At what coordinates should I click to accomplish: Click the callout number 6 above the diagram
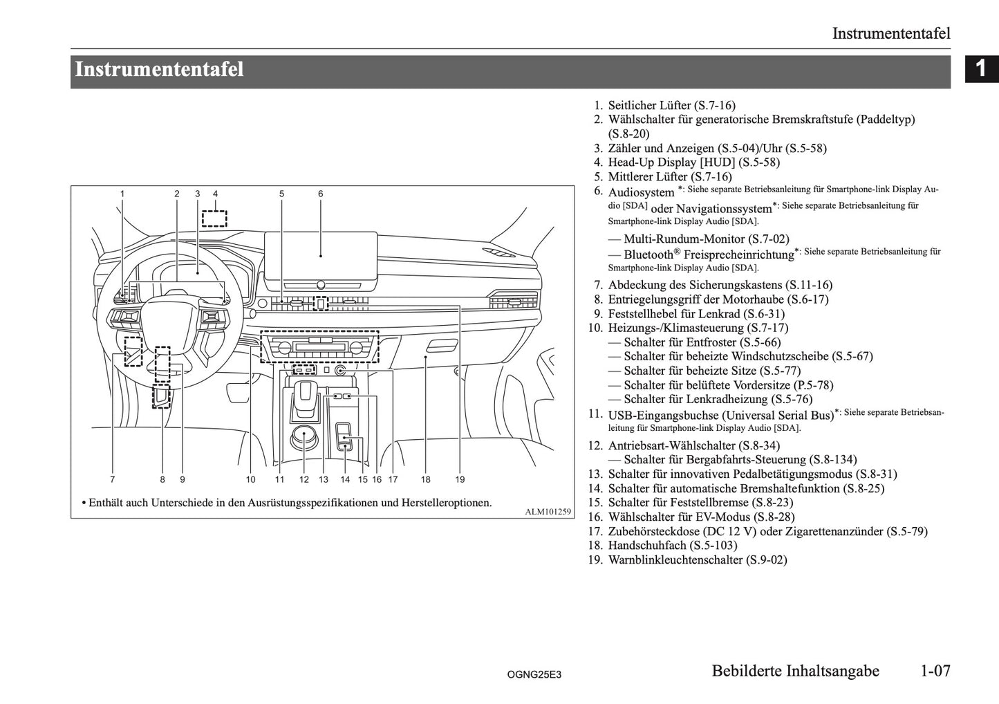click(321, 194)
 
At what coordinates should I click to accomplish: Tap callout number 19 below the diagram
click(460, 479)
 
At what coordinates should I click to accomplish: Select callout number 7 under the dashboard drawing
click(112, 479)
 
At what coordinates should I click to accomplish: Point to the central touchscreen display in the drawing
click(321, 254)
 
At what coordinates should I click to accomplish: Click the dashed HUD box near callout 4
click(214, 219)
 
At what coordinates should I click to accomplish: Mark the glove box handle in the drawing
click(441, 346)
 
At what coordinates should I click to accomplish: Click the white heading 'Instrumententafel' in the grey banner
click(159, 71)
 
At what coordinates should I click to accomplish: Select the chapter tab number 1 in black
click(980, 69)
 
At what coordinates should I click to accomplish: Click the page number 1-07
click(935, 671)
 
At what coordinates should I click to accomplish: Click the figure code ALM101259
click(548, 512)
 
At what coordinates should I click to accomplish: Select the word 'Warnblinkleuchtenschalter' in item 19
click(675, 560)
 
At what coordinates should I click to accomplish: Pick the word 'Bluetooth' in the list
click(648, 254)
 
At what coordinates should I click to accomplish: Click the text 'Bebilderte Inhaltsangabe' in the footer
click(795, 671)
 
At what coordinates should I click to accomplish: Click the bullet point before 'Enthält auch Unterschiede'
click(83, 503)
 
